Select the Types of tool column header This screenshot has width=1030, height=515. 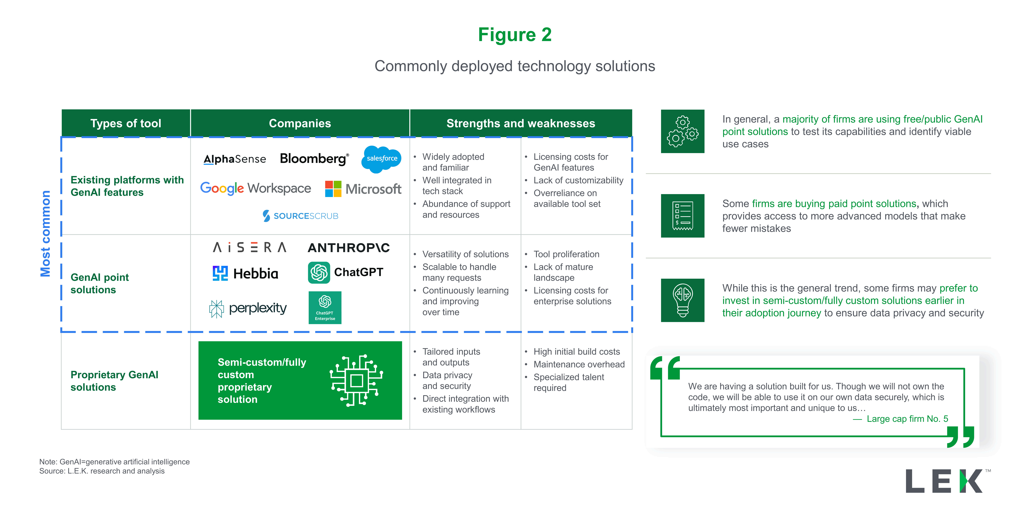coord(126,123)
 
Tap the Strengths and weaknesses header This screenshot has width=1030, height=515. coord(521,123)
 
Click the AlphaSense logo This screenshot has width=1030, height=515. coord(235,159)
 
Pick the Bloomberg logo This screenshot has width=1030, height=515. coord(314,159)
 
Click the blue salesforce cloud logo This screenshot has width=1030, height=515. coord(382,159)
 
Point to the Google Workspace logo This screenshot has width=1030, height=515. coord(256,188)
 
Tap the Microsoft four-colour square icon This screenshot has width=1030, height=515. coord(333,189)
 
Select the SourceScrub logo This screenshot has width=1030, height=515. coord(300,216)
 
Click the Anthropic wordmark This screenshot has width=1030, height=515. coord(349,248)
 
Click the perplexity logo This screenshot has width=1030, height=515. coord(248,308)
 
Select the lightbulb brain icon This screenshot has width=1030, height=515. coord(682,300)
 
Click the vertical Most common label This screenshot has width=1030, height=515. coord(45,234)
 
